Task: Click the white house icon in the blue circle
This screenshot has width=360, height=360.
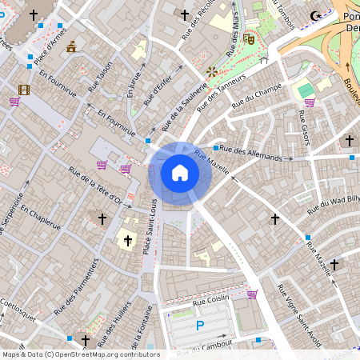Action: (180, 173)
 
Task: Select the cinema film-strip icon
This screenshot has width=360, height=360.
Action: (24, 90)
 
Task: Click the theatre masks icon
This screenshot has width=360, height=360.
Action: (250, 38)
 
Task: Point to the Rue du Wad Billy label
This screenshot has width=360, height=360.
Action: (334, 205)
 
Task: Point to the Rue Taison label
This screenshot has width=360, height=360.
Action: (101, 76)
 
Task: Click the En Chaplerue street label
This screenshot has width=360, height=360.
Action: (41, 217)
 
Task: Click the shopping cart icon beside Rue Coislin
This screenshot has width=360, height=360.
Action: (251, 294)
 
